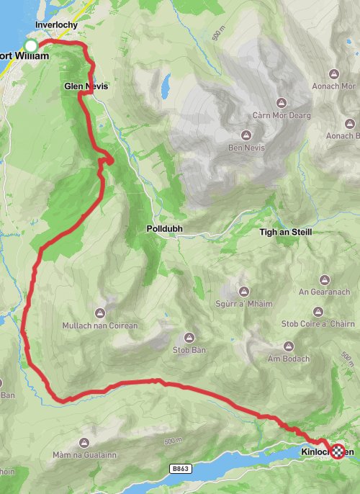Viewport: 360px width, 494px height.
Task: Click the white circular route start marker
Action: click(30, 47)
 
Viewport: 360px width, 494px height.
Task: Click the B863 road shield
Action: click(181, 469)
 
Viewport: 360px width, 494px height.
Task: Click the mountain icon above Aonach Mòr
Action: click(333, 74)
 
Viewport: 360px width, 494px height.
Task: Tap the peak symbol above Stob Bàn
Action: click(190, 338)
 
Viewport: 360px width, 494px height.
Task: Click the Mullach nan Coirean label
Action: click(99, 325)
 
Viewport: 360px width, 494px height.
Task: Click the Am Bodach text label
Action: click(288, 359)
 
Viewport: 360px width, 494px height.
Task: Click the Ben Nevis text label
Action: click(246, 148)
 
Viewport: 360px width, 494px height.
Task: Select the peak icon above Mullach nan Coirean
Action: click(99, 313)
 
